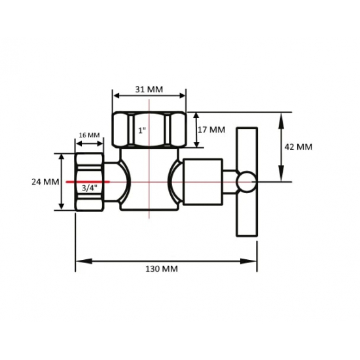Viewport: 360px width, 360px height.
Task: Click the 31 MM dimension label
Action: point(150,89)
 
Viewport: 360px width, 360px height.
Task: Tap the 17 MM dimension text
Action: point(210,130)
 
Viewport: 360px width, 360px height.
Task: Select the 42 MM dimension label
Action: point(299,147)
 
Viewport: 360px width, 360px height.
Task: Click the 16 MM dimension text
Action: point(90,135)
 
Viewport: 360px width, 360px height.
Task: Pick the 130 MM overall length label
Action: point(160,268)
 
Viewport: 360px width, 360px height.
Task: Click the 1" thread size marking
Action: point(142,130)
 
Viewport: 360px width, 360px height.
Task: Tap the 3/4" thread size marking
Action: point(88,188)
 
